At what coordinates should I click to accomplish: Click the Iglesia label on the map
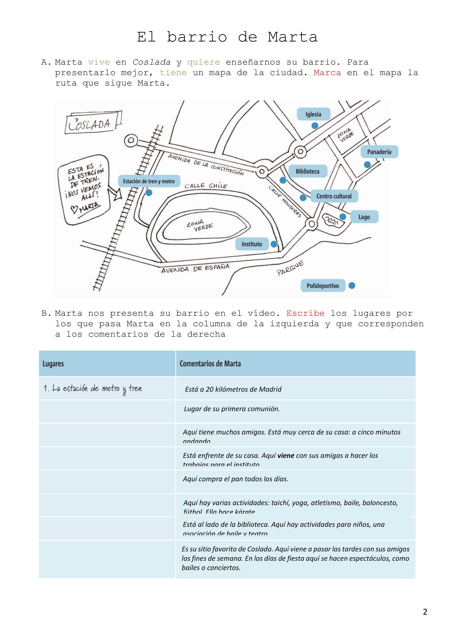[313, 114]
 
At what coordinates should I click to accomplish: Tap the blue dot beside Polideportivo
[352, 285]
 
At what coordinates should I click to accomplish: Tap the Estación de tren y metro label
[149, 181]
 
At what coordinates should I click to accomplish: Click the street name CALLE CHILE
[206, 186]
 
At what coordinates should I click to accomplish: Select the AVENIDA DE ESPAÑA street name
[195, 268]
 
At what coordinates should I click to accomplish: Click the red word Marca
[327, 73]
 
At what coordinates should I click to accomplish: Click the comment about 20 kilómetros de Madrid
[233, 389]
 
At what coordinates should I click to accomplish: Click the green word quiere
[204, 62]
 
